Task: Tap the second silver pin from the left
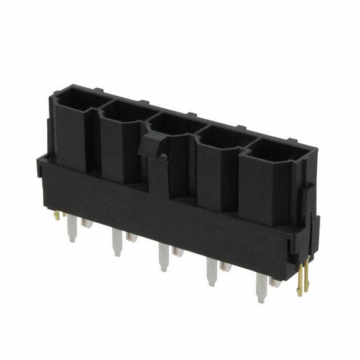coord(117,242)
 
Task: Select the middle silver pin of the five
coord(163,256)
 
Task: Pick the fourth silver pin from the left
coord(211,272)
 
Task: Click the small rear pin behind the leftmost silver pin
coord(87,224)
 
